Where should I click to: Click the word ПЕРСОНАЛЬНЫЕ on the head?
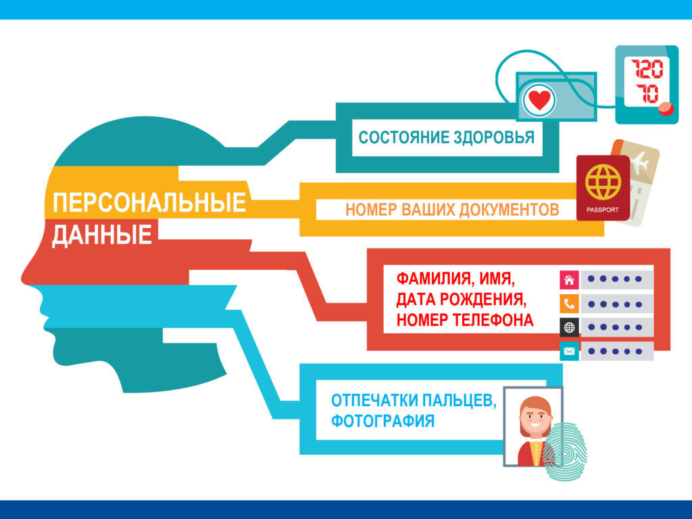coord(149,203)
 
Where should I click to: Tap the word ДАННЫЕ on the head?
coord(101,235)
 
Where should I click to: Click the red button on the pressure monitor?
coord(666,109)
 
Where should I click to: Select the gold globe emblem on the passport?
coord(602,180)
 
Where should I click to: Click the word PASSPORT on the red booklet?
coord(603,209)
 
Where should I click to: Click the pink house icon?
coord(569,279)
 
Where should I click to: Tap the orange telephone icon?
coord(569,303)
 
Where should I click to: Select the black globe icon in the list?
coord(569,327)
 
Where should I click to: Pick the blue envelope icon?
coord(569,351)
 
